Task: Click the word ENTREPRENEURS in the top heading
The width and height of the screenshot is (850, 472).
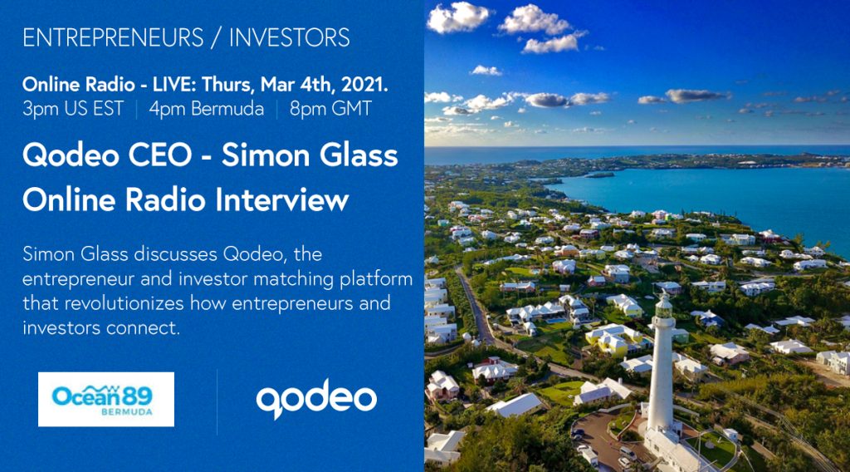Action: point(113,38)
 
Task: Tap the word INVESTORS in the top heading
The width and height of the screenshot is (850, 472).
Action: point(290,38)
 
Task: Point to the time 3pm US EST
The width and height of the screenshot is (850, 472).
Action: point(73,109)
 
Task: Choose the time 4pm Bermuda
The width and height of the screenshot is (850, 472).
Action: point(207,109)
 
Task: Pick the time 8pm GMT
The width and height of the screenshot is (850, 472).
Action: point(330,109)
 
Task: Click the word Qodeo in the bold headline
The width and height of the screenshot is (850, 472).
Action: point(71,155)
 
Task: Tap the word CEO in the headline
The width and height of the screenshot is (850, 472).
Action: point(160,155)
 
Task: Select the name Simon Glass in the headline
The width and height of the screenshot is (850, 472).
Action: point(310,155)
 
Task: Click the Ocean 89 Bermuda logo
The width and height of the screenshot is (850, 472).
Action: point(106,400)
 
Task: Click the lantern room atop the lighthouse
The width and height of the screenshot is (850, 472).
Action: point(663,307)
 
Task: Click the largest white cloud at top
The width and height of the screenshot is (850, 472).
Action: point(458,17)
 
